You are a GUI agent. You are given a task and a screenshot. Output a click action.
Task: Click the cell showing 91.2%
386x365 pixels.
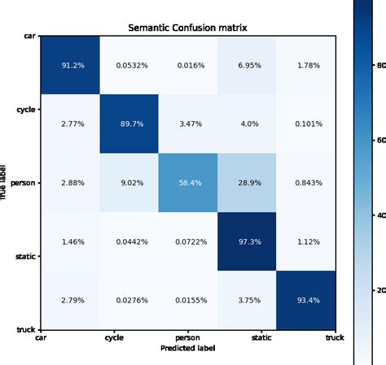(72, 67)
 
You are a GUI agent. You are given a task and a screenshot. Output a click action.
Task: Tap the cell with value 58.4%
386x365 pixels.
(188, 183)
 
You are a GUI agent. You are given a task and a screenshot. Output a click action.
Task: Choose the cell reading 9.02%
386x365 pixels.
(129, 183)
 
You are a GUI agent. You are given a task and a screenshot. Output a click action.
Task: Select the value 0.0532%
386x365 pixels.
(129, 67)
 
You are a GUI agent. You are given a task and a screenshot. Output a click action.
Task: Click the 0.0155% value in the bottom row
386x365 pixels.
(188, 300)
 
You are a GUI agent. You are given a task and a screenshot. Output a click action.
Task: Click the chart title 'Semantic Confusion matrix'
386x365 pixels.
(188, 28)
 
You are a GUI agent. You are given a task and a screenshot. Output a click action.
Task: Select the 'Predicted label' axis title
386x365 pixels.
(188, 348)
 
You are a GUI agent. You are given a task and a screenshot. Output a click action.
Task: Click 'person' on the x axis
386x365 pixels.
(188, 337)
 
